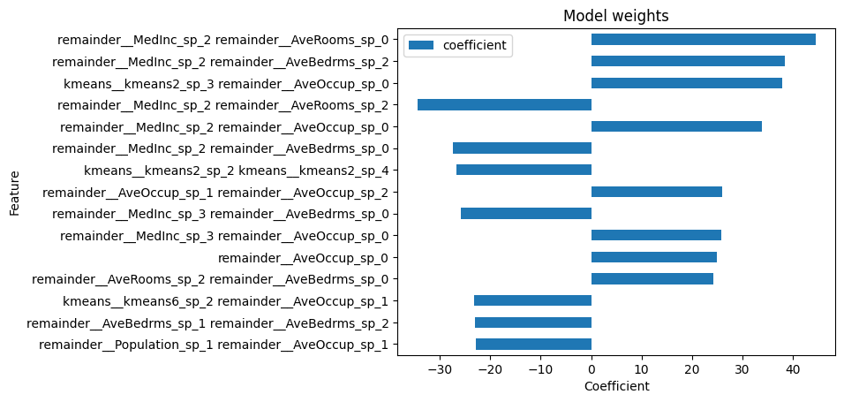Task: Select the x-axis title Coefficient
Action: (x=616, y=386)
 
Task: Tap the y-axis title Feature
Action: (x=15, y=192)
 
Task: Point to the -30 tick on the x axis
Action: (x=440, y=368)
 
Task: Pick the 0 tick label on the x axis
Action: (x=592, y=368)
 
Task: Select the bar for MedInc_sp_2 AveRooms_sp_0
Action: (x=703, y=40)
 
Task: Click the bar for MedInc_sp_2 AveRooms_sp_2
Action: (x=504, y=105)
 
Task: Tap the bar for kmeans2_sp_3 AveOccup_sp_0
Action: (x=686, y=83)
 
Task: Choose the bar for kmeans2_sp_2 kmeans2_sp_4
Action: (x=524, y=171)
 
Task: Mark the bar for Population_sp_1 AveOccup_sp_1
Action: (x=533, y=345)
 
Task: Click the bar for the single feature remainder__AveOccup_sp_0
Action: (x=653, y=257)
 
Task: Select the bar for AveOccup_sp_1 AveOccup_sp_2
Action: (x=656, y=192)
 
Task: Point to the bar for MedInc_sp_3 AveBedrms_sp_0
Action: (x=526, y=214)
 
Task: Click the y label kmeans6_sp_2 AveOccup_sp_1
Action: (x=225, y=301)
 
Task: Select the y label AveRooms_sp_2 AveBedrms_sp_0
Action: (x=210, y=279)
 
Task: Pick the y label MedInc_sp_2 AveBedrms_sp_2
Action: (x=220, y=62)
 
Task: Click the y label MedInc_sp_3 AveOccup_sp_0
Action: (x=224, y=236)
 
